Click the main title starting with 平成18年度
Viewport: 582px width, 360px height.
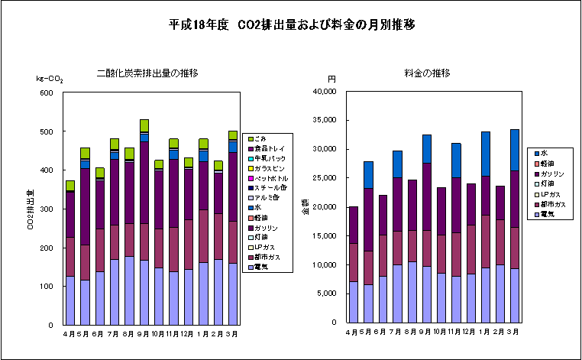click(292, 24)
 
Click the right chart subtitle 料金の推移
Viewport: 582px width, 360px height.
click(427, 73)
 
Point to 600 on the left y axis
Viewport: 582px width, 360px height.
click(46, 93)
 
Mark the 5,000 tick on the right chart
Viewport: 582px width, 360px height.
click(329, 294)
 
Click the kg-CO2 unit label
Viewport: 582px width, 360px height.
click(50, 79)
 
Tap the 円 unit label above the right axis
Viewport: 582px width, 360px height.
click(331, 79)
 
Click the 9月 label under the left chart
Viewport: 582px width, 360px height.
click(144, 333)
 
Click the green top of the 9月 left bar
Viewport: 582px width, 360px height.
click(144, 125)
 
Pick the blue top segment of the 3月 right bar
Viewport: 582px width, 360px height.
click(515, 150)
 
